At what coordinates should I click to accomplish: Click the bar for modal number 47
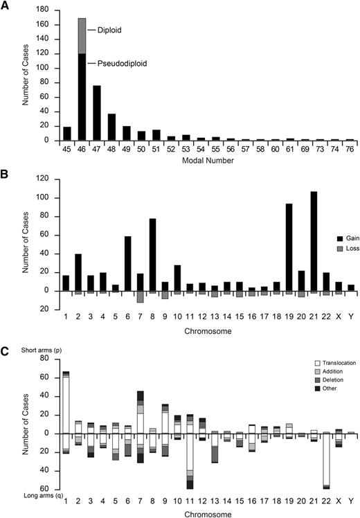click(x=97, y=113)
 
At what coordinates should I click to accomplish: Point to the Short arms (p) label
click(x=22, y=348)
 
